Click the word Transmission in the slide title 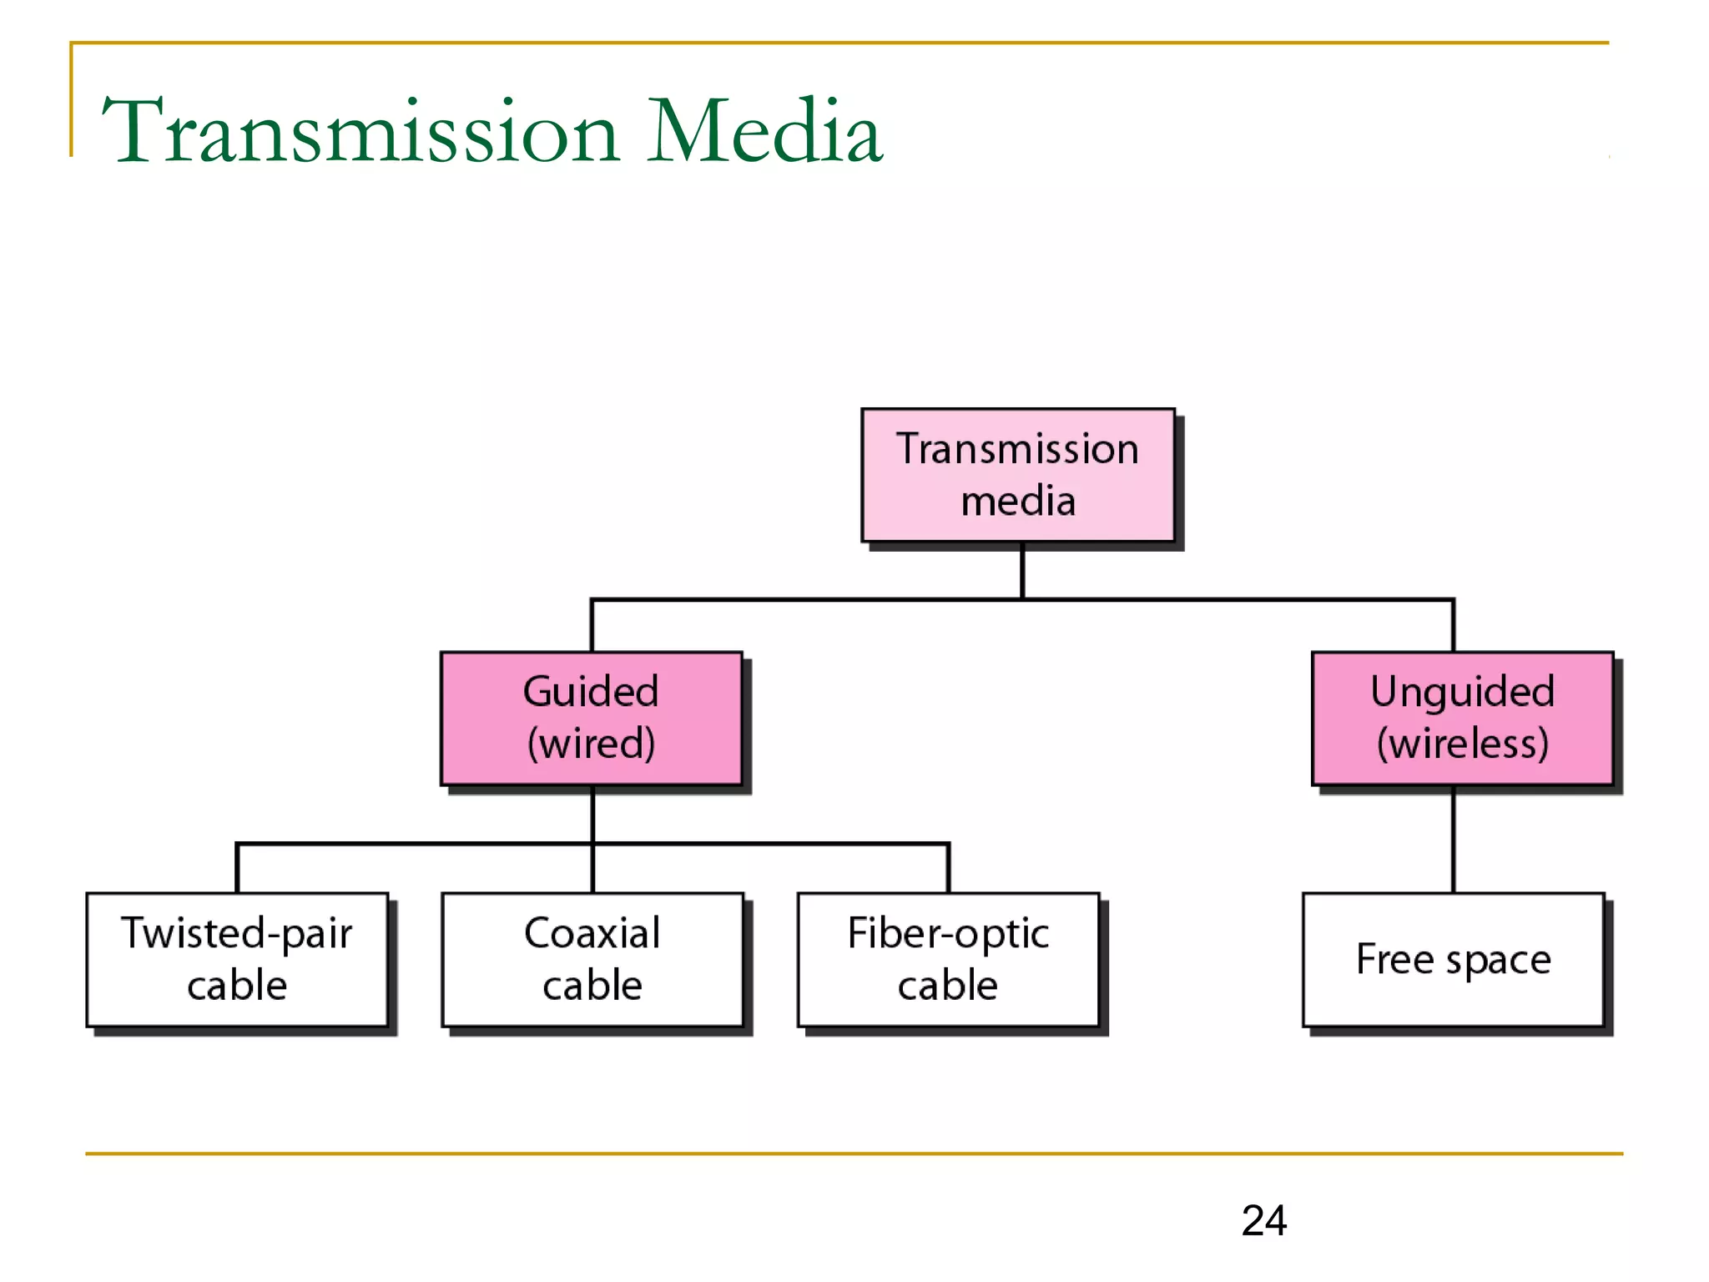click(x=359, y=132)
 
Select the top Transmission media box click(x=1018, y=475)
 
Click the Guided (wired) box click(x=592, y=718)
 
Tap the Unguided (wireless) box click(x=1462, y=718)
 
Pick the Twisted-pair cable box click(x=237, y=959)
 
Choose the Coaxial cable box click(x=592, y=959)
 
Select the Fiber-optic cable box click(x=948, y=959)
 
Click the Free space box click(x=1453, y=959)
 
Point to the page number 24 click(x=1263, y=1220)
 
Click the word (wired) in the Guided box click(x=592, y=744)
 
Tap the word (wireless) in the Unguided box click(x=1462, y=744)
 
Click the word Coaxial click(x=592, y=933)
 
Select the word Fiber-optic click(x=948, y=933)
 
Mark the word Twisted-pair click(x=237, y=933)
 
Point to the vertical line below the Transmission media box click(x=1022, y=571)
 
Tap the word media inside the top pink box click(x=1018, y=502)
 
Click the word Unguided click(x=1462, y=692)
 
